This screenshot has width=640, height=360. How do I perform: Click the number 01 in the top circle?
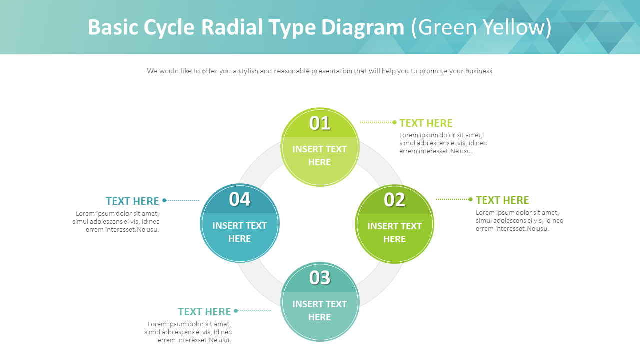tap(320, 123)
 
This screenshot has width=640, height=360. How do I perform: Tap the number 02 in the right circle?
tap(394, 200)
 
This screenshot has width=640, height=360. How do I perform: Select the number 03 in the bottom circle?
tap(320, 278)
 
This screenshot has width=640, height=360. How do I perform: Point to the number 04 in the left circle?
tap(240, 199)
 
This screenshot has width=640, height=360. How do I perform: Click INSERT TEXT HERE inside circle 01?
tap(320, 155)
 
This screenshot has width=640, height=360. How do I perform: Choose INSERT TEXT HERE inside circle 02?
tap(394, 232)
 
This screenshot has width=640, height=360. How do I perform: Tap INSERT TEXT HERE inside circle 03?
tap(320, 310)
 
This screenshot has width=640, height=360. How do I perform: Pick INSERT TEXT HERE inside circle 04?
tap(240, 232)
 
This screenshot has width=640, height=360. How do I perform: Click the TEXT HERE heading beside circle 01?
tap(426, 123)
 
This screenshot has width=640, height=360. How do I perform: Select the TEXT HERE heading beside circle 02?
tap(502, 200)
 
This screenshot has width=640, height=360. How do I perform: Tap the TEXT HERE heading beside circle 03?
tap(204, 312)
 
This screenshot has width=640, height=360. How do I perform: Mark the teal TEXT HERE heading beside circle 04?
tap(132, 201)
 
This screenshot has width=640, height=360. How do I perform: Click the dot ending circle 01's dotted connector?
tap(394, 122)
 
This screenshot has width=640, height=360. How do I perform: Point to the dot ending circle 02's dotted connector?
tap(470, 199)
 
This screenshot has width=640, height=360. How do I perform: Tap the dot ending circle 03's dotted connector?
tap(236, 311)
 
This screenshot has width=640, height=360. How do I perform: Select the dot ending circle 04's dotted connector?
tap(164, 200)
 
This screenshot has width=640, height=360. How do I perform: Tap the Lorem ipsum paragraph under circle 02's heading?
tap(519, 220)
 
